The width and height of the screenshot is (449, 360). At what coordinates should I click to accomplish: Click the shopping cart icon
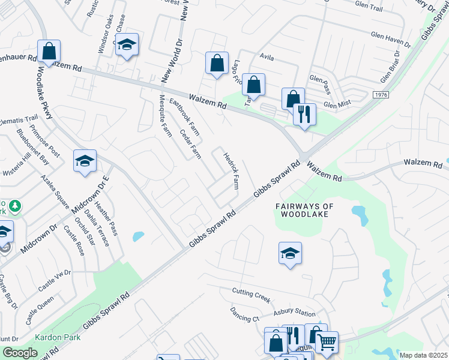tap(327, 343)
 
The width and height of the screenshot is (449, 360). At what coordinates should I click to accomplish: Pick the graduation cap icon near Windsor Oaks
tap(127, 46)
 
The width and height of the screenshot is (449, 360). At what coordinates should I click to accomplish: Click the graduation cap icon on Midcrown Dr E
tap(85, 161)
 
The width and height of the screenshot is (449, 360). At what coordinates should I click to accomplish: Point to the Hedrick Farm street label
tap(232, 171)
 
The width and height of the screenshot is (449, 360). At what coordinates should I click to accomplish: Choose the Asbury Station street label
tap(294, 313)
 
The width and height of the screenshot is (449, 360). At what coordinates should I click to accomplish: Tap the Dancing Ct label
tap(244, 313)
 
